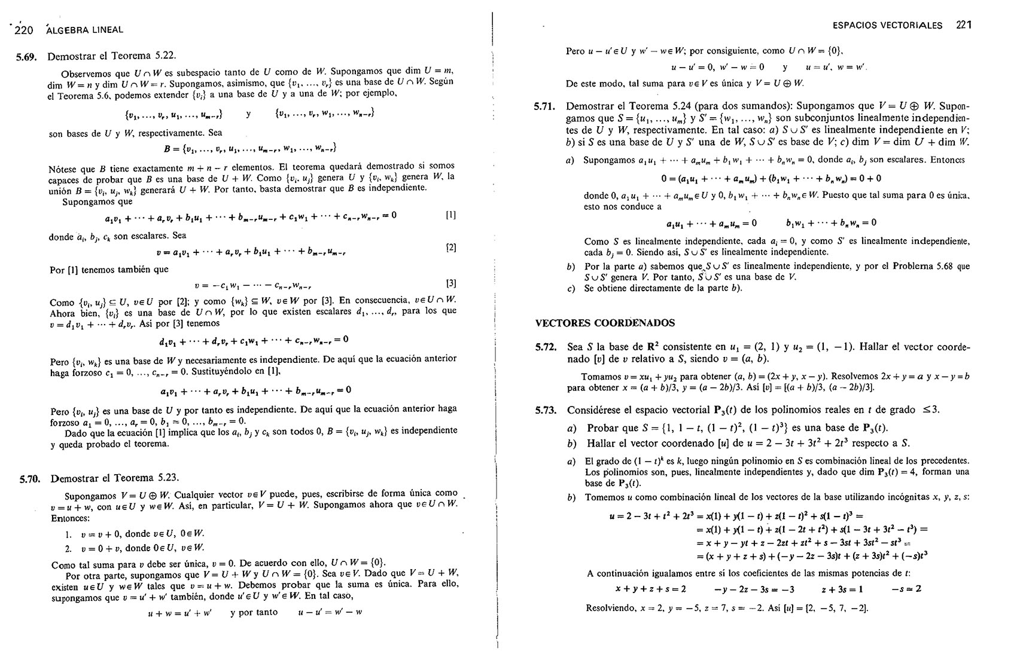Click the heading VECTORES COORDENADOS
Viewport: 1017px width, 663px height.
pyautogui.click(x=605, y=323)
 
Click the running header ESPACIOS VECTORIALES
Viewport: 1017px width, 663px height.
pyautogui.click(x=887, y=25)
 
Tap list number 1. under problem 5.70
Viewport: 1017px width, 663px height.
pyautogui.click(x=69, y=534)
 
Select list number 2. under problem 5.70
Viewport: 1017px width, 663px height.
pyautogui.click(x=69, y=548)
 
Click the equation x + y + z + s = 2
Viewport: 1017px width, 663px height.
pyautogui.click(x=650, y=589)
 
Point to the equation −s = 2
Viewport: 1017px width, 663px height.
pyautogui.click(x=906, y=589)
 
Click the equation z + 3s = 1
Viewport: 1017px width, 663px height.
pyautogui.click(x=842, y=589)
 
